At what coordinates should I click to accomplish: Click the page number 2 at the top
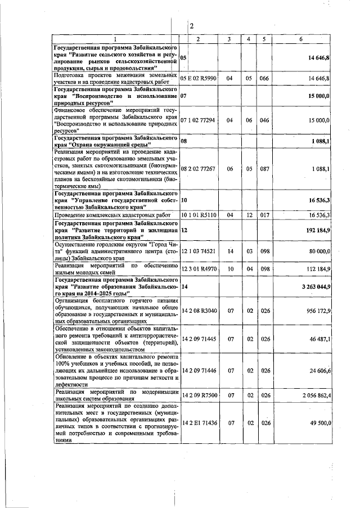(x=191, y=26)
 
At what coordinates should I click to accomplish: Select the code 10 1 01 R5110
(x=197, y=215)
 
